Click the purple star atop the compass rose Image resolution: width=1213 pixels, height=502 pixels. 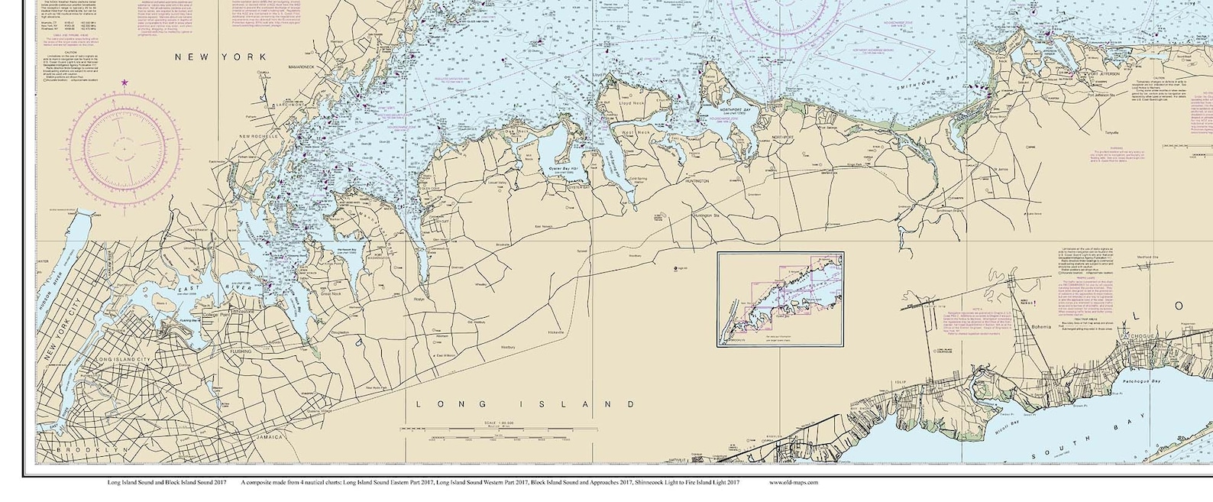click(x=125, y=83)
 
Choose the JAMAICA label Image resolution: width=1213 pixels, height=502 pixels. click(x=267, y=437)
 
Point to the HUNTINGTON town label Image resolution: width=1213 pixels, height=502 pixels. click(x=693, y=181)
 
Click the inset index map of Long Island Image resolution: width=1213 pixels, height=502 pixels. click(x=780, y=299)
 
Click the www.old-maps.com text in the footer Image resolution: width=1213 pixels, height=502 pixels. click(x=793, y=482)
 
